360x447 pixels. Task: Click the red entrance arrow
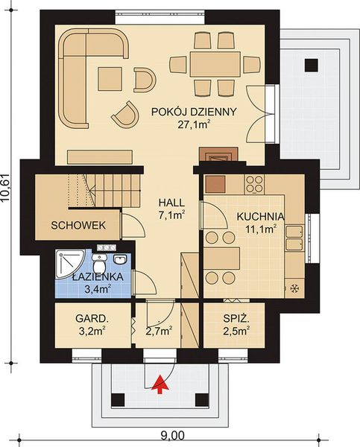coord(158,383)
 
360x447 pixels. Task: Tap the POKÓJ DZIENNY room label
coord(193,112)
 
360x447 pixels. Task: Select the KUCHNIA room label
coord(256,217)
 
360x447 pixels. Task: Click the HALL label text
coord(171,202)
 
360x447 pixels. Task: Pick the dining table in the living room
coord(215,60)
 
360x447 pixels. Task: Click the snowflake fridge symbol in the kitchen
coord(294,288)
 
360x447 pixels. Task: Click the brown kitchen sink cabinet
coord(216,183)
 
